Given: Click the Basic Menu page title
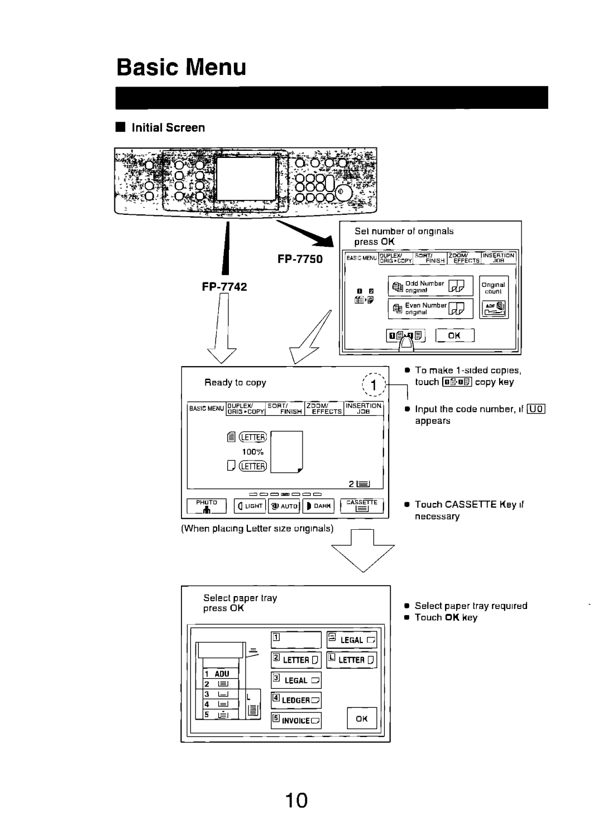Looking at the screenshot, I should [181, 67].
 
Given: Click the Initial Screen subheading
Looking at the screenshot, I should [168, 128].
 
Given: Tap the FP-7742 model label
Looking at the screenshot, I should [225, 286].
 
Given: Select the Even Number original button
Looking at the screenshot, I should [430, 308].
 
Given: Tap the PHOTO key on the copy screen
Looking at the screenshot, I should [207, 506].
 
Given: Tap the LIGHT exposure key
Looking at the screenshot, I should [250, 506].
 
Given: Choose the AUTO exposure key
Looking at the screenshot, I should [284, 506].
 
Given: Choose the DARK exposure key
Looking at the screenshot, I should [318, 506].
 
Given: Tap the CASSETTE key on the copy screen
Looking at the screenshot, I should [362, 506].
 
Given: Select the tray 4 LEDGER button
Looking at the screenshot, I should [296, 701].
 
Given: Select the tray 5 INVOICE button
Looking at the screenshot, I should [296, 721].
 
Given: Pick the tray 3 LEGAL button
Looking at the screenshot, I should [296, 681].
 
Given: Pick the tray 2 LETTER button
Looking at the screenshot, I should [296, 660].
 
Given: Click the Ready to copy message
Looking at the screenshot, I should [234, 383].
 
